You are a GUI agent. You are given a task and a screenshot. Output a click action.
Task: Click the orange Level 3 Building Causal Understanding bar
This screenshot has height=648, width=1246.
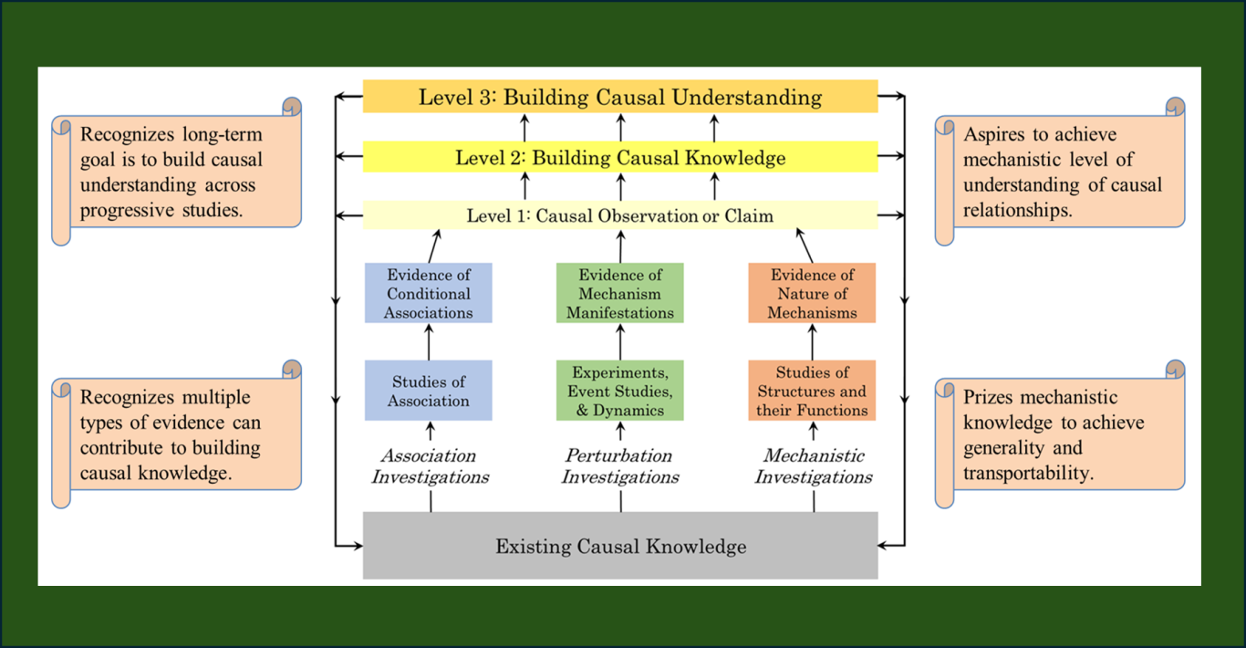point(620,97)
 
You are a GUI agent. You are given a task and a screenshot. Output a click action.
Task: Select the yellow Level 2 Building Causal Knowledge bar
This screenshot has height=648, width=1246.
point(620,158)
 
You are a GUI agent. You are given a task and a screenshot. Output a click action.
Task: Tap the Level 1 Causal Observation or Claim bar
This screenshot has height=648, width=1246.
point(620,216)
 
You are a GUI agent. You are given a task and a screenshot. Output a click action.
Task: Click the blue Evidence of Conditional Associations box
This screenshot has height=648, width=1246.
point(429,293)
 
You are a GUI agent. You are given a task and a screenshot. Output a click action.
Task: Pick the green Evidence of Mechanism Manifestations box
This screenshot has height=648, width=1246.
point(620,293)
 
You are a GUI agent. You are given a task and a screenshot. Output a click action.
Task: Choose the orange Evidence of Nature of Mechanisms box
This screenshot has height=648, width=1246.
point(812,293)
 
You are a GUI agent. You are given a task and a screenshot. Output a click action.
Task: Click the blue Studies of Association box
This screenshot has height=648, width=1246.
point(429,391)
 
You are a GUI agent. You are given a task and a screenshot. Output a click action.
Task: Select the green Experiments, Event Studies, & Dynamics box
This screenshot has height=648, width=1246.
point(620,391)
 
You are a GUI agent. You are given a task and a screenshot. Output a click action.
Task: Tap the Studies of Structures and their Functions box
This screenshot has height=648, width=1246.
point(812,391)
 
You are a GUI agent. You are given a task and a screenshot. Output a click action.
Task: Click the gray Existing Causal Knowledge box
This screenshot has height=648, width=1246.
point(620,546)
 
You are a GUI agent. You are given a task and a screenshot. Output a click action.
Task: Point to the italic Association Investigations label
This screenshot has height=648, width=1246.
point(430,465)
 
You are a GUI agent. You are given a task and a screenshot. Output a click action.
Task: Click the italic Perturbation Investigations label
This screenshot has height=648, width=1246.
point(620,465)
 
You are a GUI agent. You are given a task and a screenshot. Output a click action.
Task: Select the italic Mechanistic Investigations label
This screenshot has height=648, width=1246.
point(813,465)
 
